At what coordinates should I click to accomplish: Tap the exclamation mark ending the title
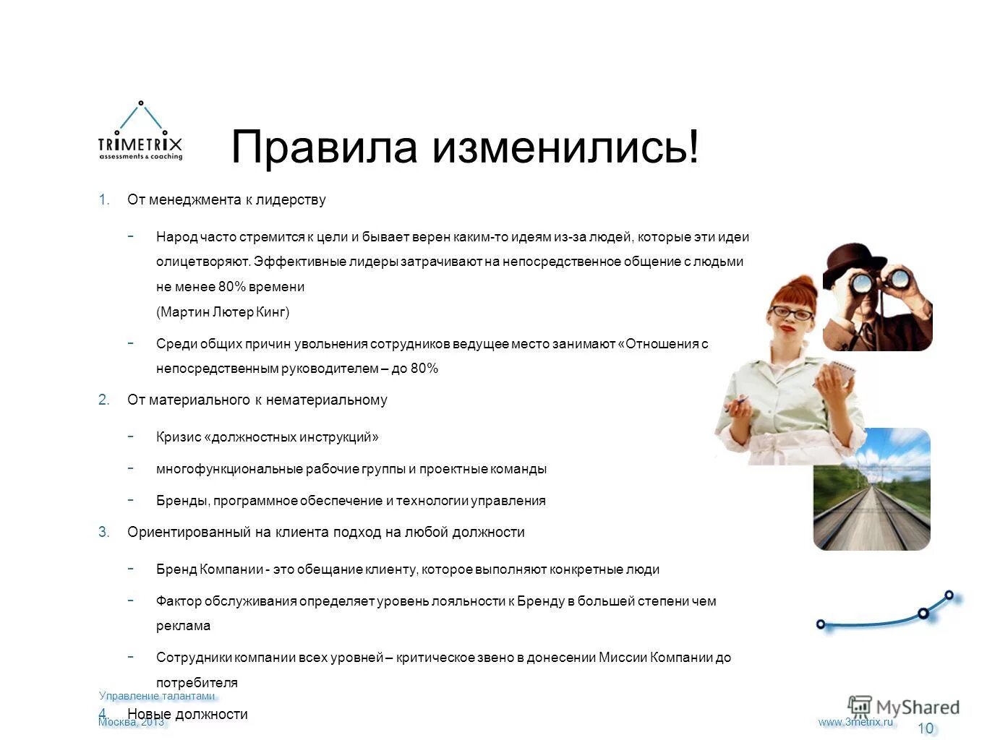[693, 147]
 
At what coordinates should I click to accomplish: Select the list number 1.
[103, 200]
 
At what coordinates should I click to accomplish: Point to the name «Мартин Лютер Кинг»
[223, 312]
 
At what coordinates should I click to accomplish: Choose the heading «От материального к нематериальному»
[257, 400]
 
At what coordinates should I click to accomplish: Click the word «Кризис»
[179, 437]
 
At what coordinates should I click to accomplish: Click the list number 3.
[103, 533]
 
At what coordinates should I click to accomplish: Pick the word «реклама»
[183, 626]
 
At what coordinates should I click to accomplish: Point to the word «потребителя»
[197, 683]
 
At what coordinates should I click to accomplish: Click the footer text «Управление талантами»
[157, 696]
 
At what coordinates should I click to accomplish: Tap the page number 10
[926, 728]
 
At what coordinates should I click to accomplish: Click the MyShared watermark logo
[904, 707]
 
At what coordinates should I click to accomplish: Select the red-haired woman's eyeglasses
[792, 313]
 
